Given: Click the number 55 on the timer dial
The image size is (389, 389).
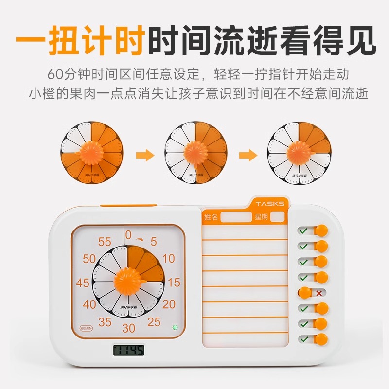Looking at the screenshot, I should [x=105, y=242].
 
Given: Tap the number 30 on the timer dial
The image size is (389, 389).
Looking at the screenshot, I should [x=128, y=328].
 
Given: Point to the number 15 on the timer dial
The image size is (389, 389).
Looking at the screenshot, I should [x=174, y=283].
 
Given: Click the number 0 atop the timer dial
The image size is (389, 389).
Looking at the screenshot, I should [x=128, y=235].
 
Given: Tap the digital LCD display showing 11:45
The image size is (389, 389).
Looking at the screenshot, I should [x=128, y=350].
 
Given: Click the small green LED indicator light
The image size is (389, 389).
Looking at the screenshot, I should [x=174, y=327].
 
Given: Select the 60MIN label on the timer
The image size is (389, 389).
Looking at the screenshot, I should [x=86, y=327].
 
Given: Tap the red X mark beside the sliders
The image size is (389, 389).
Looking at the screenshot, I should [x=318, y=293].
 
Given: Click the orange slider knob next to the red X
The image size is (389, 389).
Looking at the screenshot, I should [x=304, y=293].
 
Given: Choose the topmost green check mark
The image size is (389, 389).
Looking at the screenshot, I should [x=303, y=230].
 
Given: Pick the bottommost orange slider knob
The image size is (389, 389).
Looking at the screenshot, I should [x=321, y=339].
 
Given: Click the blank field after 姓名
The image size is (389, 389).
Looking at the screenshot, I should [x=235, y=217].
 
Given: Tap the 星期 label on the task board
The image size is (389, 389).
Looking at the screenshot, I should [x=261, y=217].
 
